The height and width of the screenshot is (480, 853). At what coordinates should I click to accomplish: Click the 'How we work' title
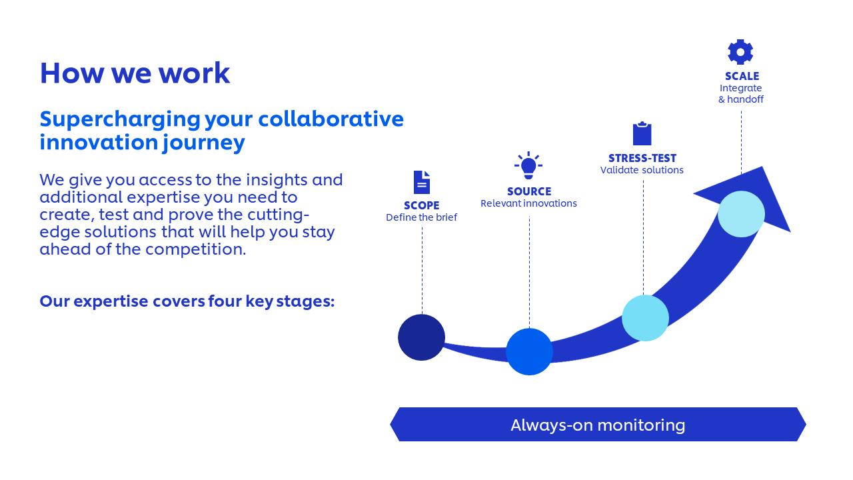pos(135,73)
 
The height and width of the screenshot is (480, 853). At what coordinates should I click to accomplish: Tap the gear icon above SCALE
pos(740,52)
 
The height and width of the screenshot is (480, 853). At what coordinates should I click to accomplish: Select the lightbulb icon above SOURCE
pos(528,165)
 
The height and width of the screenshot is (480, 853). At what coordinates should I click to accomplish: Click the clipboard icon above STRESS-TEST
pos(642,133)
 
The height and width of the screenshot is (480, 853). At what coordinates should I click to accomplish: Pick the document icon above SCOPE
pos(422,182)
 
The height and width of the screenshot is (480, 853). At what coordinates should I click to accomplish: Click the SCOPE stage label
pos(422,205)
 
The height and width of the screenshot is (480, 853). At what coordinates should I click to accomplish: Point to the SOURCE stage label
pos(529,191)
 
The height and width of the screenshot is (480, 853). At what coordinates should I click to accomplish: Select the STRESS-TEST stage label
pos(642,158)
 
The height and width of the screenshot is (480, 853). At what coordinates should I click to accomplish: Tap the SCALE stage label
pos(742,76)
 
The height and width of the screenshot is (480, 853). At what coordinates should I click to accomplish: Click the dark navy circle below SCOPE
pos(422,337)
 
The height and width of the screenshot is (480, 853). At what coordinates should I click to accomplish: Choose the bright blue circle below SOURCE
pos(529,351)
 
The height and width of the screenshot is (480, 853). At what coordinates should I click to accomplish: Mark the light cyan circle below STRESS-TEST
pos(645,318)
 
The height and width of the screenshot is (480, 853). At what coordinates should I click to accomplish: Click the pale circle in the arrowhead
pos(741,214)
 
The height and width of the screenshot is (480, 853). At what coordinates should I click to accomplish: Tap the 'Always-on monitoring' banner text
pos(598,425)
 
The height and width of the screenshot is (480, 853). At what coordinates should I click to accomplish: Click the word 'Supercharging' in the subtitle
pos(120,120)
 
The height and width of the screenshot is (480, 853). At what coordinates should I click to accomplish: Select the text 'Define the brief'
pos(422,217)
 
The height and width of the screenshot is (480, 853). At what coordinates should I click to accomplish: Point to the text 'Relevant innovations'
pos(528,203)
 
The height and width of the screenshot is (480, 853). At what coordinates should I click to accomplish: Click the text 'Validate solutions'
pos(642,170)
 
